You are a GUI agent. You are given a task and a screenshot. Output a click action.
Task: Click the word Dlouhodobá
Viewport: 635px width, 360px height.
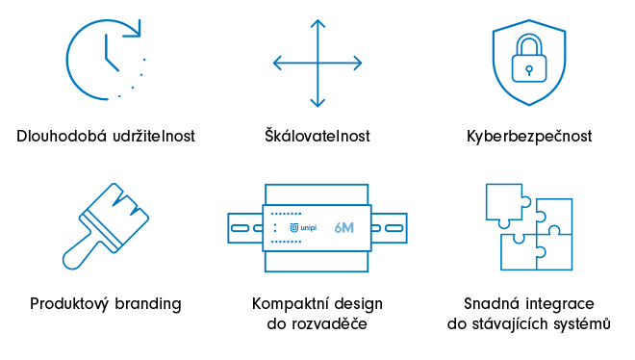62,136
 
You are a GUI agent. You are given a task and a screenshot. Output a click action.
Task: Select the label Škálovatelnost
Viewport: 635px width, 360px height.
317,136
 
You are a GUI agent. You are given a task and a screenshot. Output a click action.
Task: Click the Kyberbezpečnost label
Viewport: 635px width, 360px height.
529,136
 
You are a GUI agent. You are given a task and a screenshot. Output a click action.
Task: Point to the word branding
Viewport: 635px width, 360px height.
148,304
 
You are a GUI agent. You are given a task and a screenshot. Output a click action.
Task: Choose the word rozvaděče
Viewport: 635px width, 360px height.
330,323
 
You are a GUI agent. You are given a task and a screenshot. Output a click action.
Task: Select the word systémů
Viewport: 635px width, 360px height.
583,323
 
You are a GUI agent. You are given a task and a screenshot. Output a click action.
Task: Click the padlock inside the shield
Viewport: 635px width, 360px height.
529,59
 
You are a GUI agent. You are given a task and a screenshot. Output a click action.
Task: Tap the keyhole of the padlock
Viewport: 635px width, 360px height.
529,71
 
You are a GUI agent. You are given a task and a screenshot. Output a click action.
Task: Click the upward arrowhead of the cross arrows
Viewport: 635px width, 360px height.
317,23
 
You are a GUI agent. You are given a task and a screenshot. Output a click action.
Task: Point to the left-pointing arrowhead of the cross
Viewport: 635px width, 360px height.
277,64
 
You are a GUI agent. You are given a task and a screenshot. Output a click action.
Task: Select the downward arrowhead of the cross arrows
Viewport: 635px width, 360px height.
317,102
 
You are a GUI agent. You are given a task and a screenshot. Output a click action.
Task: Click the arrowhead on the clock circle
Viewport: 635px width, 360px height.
134,29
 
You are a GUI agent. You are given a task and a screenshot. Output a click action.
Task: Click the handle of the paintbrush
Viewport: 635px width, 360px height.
80,253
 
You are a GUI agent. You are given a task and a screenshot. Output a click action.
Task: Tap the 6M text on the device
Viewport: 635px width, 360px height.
344,228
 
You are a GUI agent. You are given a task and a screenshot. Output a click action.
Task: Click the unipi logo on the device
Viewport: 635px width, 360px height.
303,228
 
